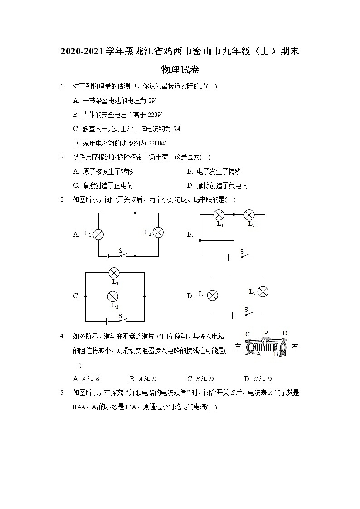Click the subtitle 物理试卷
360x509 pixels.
(x=180, y=70)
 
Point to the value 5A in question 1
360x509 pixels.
(x=177, y=129)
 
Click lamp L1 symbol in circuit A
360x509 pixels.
(x=98, y=234)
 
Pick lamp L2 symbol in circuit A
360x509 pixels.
(x=158, y=233)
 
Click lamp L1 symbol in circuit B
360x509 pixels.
(x=219, y=215)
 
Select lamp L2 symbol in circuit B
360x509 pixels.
(x=249, y=215)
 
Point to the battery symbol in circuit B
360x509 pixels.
(x=230, y=257)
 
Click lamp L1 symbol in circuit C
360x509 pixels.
(x=114, y=272)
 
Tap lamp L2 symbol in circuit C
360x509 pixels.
(x=112, y=296)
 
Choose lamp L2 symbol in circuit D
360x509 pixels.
(x=263, y=291)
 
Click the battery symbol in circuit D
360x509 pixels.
(x=233, y=314)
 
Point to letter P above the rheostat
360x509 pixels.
(x=266, y=334)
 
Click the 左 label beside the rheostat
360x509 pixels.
(x=238, y=347)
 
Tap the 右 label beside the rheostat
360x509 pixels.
(x=295, y=347)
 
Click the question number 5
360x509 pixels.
(x=62, y=393)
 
